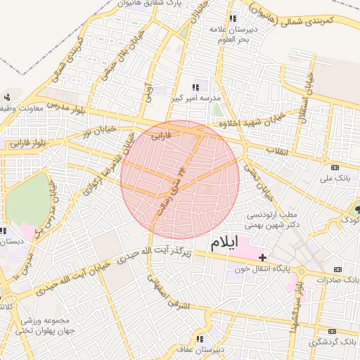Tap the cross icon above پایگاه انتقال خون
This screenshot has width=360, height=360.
click(262, 257)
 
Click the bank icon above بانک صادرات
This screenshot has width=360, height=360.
click(338, 269)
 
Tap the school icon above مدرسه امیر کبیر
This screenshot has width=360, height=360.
click(196, 86)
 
